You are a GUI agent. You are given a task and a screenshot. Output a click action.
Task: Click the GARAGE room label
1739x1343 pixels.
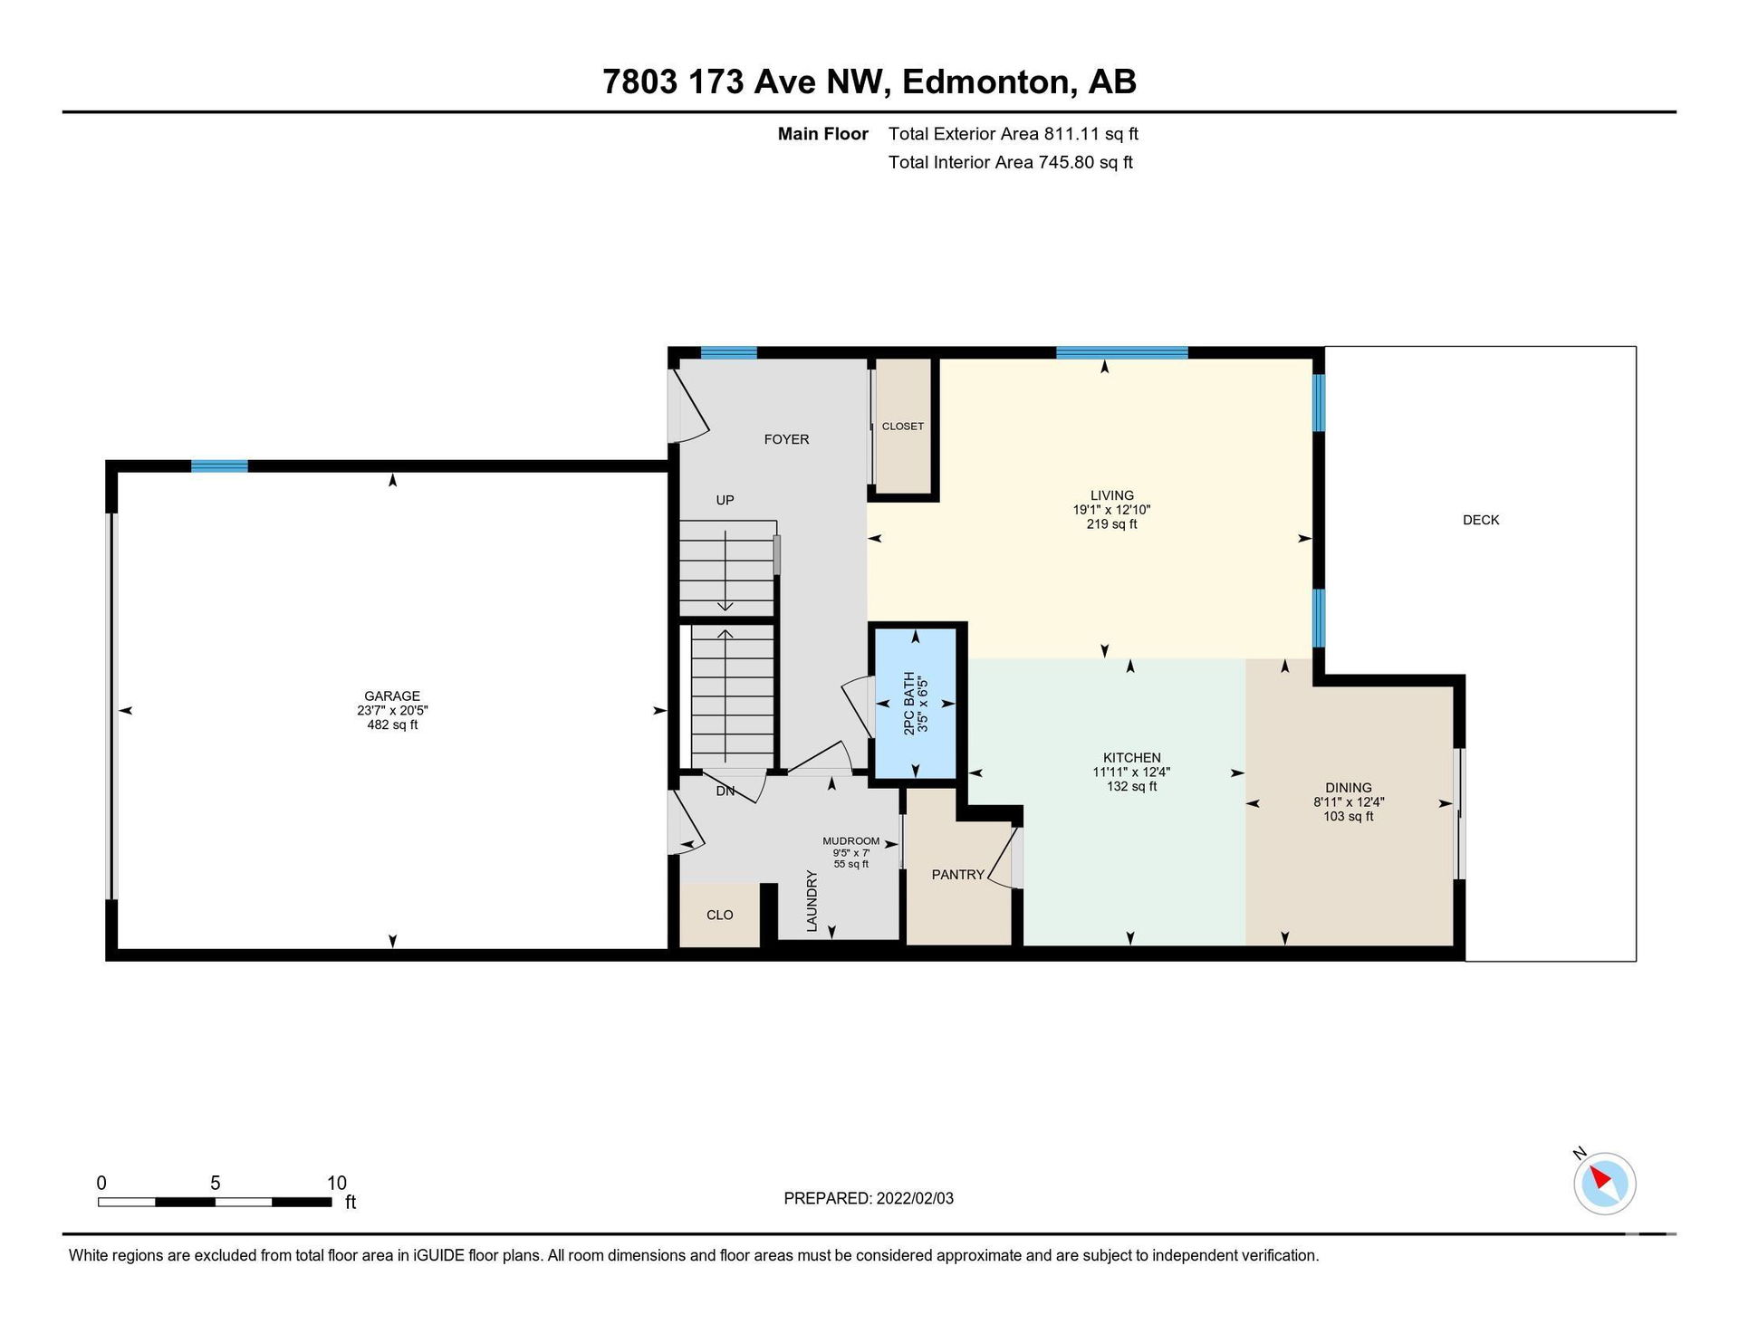392,695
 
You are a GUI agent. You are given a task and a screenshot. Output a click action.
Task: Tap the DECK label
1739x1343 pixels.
1481,520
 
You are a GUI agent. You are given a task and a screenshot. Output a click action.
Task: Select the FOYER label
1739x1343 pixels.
786,439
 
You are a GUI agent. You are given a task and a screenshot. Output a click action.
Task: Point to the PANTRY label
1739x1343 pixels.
957,875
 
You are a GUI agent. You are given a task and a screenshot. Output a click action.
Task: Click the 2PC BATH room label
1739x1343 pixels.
909,703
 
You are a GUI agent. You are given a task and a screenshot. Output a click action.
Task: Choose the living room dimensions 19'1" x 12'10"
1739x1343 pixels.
1111,510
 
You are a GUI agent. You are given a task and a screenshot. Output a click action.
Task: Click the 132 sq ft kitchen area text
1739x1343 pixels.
1131,787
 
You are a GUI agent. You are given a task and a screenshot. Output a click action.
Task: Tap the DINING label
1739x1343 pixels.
1348,788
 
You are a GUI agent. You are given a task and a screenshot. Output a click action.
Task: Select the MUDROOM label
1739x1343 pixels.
850,841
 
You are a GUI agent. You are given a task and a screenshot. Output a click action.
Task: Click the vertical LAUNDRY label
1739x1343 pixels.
812,901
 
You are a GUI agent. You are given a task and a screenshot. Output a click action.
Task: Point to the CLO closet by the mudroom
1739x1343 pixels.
719,915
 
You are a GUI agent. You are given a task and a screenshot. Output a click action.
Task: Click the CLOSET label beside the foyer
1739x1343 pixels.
903,426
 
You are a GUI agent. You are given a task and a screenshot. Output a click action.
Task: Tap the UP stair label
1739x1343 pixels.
725,500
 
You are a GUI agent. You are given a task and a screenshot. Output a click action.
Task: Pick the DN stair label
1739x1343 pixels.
725,791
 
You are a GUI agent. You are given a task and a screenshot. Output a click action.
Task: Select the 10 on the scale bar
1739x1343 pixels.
336,1183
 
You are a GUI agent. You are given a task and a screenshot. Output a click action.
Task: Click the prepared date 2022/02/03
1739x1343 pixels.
915,1198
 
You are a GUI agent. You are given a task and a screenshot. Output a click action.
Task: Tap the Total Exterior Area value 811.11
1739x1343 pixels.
1071,134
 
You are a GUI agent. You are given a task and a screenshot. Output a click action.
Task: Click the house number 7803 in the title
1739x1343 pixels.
640,82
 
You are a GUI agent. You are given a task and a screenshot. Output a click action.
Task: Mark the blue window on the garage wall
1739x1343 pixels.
219,466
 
